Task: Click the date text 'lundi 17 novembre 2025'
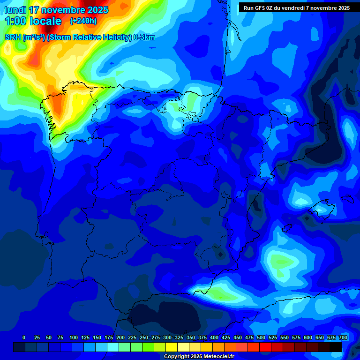pyautogui.click(x=56, y=10)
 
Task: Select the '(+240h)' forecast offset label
pyautogui.click(x=83, y=21)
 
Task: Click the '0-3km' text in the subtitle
pyautogui.click(x=144, y=37)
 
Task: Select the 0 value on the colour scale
pyautogui.click(x=24, y=337)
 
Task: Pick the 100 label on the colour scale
pyautogui.click(x=74, y=337)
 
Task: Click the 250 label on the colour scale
pyautogui.click(x=144, y=337)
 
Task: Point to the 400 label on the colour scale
pyautogui.click(x=214, y=337)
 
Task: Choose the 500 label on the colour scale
pyautogui.click(x=261, y=337)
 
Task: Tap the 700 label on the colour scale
pyautogui.click(x=343, y=337)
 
